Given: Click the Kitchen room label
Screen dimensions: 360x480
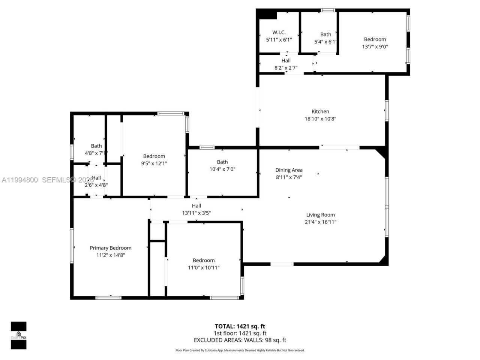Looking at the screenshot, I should point(320,111).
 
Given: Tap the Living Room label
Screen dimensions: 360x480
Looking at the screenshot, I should point(320,215).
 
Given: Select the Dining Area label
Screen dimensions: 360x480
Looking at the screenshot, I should point(289,170).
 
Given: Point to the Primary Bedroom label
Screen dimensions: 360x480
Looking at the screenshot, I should point(111,248).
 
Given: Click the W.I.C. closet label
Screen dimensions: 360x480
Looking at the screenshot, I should point(279,32).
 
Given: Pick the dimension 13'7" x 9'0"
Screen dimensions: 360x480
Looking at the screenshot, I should point(375,47).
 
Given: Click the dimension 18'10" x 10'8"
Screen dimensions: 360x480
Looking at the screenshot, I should point(320,119).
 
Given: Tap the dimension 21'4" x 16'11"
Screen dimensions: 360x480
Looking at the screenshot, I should point(320,222).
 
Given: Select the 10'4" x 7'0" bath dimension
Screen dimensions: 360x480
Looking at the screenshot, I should point(222,169).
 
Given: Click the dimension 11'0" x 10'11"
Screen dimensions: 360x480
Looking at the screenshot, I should point(204,268).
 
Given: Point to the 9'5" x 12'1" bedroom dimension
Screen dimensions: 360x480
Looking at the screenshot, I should point(154,163).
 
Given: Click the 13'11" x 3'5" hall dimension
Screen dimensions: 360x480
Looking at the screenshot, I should point(196,213).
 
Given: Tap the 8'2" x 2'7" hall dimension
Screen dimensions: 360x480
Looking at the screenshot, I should point(286,68).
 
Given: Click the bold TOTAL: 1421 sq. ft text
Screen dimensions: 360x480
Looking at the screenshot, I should point(240,326).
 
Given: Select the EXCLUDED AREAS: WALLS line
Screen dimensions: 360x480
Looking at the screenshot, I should point(240,340).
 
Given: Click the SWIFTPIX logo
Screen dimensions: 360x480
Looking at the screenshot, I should point(18,335).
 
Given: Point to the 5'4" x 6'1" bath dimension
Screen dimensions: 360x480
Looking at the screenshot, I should point(325,42).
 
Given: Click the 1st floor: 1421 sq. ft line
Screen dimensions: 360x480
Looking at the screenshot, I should point(240,333).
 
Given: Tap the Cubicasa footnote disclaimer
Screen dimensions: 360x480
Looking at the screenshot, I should point(240,350).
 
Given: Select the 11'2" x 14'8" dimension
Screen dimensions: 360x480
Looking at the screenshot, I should point(111,255).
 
